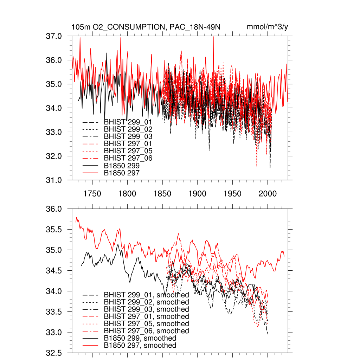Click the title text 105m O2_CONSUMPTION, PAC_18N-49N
[146, 27]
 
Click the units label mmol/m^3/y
[268, 27]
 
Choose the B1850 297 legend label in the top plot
[122, 173]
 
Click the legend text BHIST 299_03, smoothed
[146, 309]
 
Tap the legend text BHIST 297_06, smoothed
[146, 331]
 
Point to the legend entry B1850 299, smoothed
[140, 338]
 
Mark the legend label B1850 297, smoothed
[140, 346]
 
